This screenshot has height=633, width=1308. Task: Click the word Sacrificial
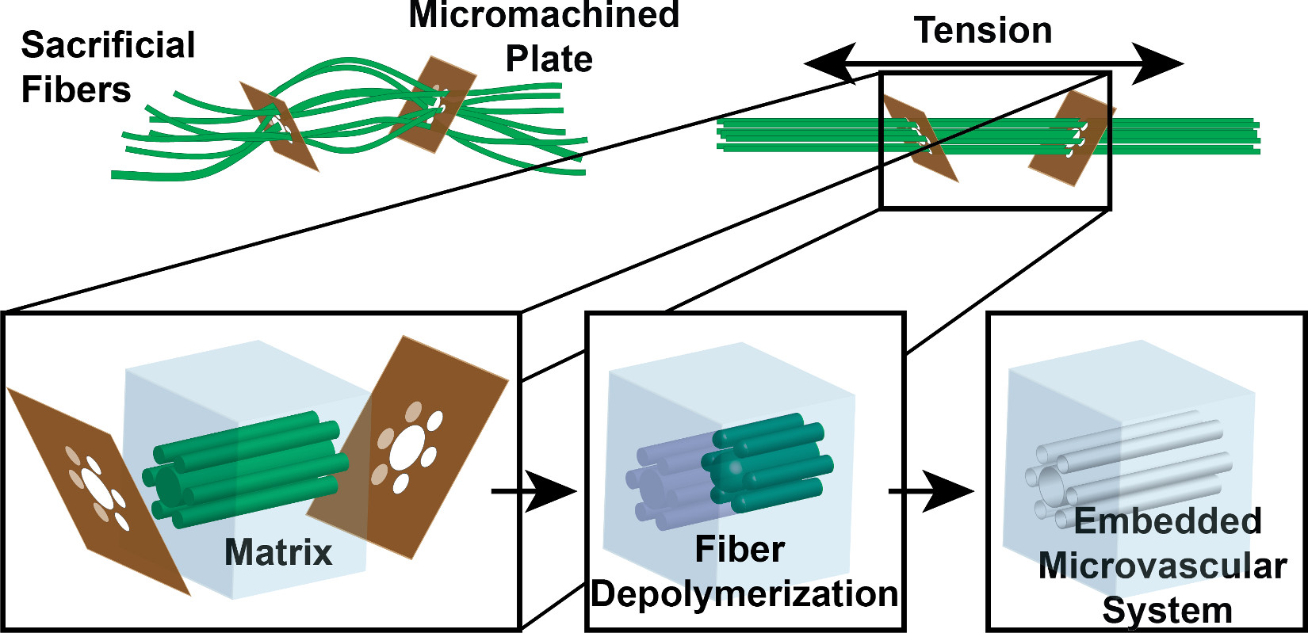click(x=108, y=45)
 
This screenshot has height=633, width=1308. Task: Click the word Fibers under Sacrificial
click(x=76, y=90)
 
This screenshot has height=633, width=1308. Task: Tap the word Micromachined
click(x=544, y=14)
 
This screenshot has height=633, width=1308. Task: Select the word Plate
click(x=549, y=59)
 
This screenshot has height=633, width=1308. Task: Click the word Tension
click(x=983, y=31)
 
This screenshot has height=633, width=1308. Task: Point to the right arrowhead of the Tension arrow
click(x=1159, y=63)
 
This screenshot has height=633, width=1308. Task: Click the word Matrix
click(x=278, y=552)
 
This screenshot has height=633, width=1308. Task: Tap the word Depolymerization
click(x=744, y=594)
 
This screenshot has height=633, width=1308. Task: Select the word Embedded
click(x=1167, y=521)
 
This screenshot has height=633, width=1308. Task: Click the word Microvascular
click(x=1162, y=566)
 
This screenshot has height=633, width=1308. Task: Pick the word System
click(x=1167, y=611)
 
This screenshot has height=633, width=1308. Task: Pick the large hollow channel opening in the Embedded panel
click(x=1050, y=483)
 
